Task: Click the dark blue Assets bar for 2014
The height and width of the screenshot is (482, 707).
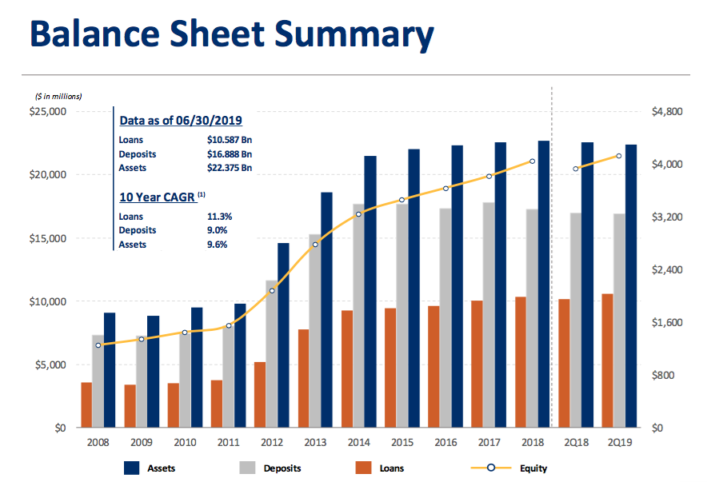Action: (370, 292)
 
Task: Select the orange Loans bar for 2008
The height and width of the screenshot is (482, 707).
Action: (86, 405)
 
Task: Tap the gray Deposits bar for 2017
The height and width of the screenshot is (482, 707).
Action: (489, 315)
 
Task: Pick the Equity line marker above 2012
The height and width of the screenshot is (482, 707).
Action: (272, 291)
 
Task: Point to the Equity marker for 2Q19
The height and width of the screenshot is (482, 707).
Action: (618, 156)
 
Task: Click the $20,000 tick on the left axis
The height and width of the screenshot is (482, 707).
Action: (49, 175)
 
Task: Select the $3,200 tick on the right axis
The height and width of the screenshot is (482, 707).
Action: (667, 217)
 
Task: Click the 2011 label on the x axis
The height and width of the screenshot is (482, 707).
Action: (229, 442)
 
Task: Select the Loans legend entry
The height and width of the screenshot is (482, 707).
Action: (390, 468)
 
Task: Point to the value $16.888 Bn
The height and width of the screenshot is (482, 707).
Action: (229, 154)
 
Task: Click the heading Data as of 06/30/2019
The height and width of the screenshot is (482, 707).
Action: (180, 121)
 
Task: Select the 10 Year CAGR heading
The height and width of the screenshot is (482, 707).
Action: (158, 197)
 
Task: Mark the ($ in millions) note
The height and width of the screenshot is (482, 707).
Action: (58, 96)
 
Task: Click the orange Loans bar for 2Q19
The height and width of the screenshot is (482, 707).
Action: (607, 361)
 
